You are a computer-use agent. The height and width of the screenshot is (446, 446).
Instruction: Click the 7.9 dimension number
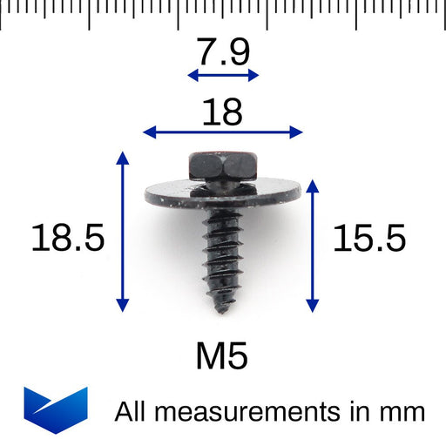point(223,52)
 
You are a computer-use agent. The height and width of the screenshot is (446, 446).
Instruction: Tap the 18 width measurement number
point(222,111)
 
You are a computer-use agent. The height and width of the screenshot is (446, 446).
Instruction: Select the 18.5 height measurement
point(68,237)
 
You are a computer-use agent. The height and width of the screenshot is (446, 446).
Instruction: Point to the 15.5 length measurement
point(369,237)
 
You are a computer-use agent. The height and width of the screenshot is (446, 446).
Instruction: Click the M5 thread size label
point(222,355)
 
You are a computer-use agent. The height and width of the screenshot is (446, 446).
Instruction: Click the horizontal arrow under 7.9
point(223,76)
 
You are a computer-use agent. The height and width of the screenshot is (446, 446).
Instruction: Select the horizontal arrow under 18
point(222,132)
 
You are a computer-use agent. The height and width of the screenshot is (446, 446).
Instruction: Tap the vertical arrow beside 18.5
point(122,231)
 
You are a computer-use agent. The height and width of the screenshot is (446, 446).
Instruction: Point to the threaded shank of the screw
point(223,253)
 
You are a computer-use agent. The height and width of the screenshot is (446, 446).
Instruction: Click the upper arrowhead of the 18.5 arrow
point(122,157)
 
